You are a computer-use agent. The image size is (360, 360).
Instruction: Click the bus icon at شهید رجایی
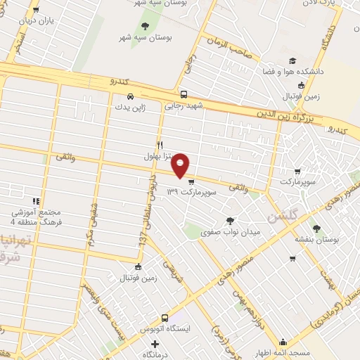click(184, 94)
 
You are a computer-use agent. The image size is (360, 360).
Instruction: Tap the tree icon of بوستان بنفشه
click(316, 228)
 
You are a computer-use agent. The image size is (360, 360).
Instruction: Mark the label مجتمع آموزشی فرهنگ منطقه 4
click(36, 217)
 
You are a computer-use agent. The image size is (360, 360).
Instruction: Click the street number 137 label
click(142, 240)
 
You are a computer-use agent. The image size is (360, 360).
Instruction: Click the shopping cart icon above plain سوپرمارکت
click(297, 171)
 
